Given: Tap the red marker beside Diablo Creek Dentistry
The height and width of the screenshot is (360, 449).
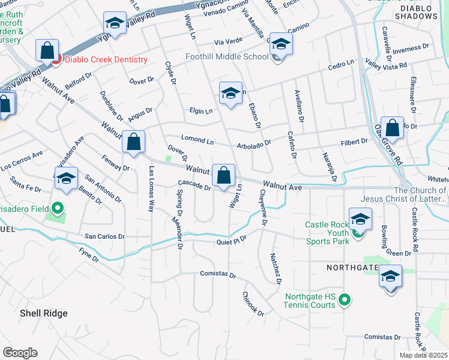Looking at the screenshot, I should (x=56, y=59).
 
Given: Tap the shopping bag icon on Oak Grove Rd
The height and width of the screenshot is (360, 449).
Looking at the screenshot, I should (x=392, y=128).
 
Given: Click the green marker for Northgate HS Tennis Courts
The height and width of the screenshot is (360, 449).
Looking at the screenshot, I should (x=345, y=298).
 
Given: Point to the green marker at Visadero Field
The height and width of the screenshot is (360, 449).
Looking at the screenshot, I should (x=57, y=209).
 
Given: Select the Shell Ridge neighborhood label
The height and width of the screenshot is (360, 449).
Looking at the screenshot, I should (x=43, y=313).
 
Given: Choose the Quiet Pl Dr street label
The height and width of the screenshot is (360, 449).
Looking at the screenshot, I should (x=232, y=242).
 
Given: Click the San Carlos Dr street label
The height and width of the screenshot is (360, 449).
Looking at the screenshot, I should (x=104, y=236).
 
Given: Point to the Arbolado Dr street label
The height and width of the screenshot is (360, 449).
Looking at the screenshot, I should (x=254, y=143).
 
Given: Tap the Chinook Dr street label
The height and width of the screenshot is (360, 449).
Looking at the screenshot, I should (x=253, y=304).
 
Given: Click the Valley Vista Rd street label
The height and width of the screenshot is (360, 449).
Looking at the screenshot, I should (x=386, y=64).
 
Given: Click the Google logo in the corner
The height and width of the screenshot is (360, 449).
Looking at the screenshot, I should (x=20, y=353).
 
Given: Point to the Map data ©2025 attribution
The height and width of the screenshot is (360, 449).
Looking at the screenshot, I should (x=423, y=355).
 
